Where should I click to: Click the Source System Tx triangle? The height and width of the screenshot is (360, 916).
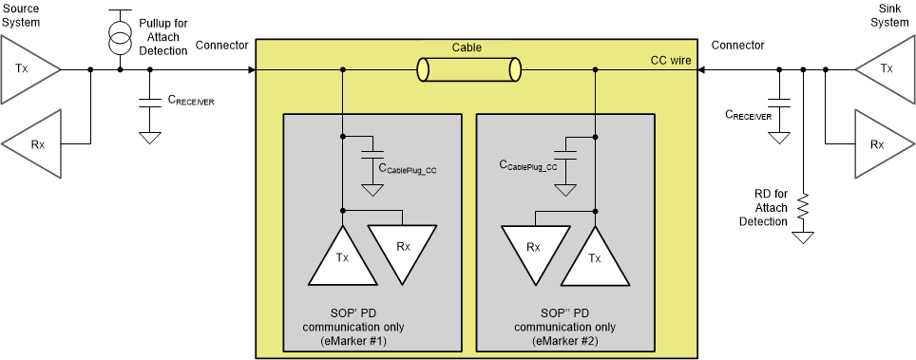coord(27,69)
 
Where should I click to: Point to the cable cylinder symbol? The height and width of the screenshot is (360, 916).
coord(469,69)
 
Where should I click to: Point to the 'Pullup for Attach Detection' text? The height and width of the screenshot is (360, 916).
coord(163,37)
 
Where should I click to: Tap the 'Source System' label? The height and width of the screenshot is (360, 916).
coord(23,15)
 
